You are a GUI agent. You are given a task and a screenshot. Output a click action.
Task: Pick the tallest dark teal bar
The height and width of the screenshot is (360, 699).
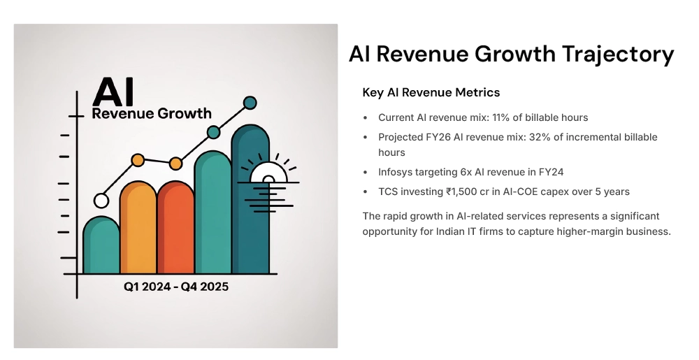[x=250, y=203]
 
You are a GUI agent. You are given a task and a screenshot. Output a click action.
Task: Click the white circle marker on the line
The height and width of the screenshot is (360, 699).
[x=101, y=201]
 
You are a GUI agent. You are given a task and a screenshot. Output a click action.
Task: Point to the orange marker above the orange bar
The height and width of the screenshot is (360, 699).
[x=138, y=160]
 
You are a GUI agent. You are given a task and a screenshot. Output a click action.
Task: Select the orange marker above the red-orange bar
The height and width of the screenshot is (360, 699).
[x=175, y=164]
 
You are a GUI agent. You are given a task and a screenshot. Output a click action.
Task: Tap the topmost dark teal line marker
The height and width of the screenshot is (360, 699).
[x=250, y=103]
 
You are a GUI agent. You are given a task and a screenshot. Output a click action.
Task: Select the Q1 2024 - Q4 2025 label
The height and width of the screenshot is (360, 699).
[x=176, y=287]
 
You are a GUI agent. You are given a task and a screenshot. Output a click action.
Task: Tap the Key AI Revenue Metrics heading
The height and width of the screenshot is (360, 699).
[x=431, y=92]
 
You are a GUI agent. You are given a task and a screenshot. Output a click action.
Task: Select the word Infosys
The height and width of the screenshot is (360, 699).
[x=396, y=172]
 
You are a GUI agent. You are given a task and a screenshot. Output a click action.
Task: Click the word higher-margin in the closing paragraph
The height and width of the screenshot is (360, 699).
[x=586, y=231]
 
